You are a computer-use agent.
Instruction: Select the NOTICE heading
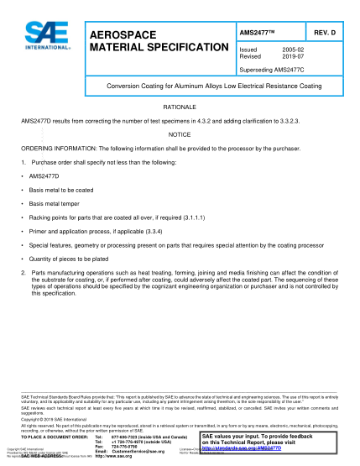pyautogui.click(x=180, y=134)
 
